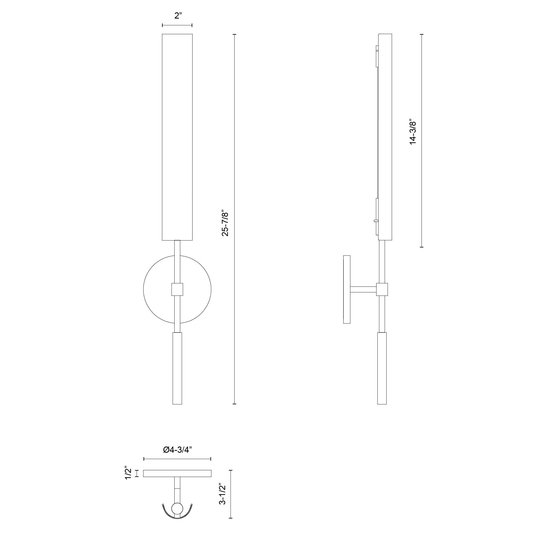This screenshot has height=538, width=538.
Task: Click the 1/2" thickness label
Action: [128, 473]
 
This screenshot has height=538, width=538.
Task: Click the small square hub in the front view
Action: [177, 289]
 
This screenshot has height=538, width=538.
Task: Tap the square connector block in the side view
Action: [382, 289]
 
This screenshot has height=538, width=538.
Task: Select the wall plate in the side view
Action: [347, 289]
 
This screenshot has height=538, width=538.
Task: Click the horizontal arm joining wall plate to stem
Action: [363, 289]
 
